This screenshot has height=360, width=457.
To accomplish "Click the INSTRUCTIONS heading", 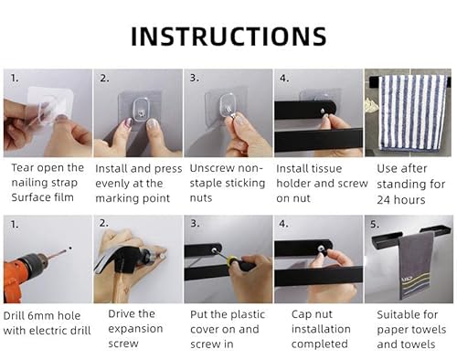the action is pos(228,37).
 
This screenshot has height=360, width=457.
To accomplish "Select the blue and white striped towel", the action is pos(410,112).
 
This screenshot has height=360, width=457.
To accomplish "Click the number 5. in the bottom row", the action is pos(375,225).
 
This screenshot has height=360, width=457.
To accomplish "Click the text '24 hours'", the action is pos(401,200).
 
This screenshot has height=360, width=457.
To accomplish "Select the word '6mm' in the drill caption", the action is pos(41,315).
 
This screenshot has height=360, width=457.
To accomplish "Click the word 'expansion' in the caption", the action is pos(135,329).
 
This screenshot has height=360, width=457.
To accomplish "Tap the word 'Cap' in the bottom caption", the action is pos(302,314).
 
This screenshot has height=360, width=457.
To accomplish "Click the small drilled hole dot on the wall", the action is pos(70,248).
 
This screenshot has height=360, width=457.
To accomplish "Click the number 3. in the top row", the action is pos(195,78).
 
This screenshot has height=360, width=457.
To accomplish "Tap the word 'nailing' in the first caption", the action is pos(30,183).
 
